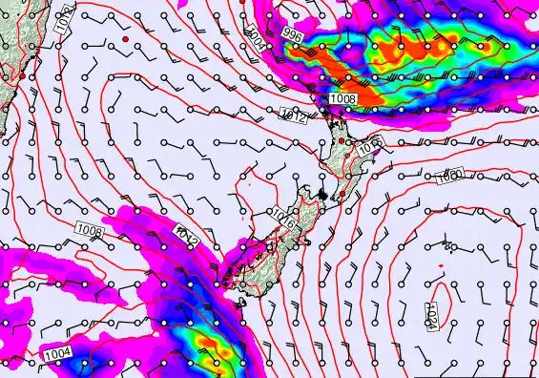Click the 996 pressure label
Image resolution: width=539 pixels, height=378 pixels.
[x=292, y=34]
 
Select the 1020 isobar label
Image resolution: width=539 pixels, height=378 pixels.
[x=450, y=175]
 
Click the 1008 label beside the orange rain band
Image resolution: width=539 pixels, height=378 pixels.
[x=343, y=98]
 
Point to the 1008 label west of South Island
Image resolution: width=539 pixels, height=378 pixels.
[x=89, y=229]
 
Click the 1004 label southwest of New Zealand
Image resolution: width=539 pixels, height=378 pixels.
[x=56, y=355]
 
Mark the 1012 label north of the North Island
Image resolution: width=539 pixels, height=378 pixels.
[x=294, y=115]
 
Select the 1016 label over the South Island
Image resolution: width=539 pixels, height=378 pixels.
[x=281, y=218]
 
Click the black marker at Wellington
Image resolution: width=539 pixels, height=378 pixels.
[x=322, y=196]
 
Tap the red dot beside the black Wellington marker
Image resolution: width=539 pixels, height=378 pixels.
[x=342, y=195]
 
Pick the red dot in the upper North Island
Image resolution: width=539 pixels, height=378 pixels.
[x=341, y=141]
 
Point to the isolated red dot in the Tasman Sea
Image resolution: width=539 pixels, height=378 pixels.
[x=124, y=39]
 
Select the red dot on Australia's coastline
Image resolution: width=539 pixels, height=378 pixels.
[x=21, y=75]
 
